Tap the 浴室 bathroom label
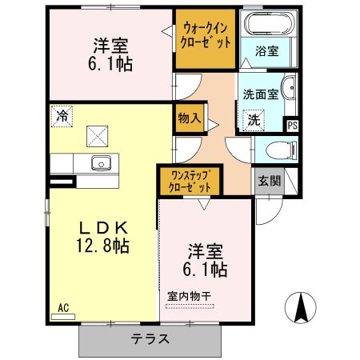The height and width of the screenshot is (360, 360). (x=267, y=51)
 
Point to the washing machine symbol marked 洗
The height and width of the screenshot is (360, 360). (x=253, y=120)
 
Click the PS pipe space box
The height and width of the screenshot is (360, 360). (x=292, y=125)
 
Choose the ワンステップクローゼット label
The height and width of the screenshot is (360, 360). (x=190, y=181)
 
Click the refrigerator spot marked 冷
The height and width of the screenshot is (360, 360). (x=62, y=115)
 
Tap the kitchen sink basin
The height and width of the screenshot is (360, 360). (x=100, y=163)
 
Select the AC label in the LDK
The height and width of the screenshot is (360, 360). (x=63, y=307)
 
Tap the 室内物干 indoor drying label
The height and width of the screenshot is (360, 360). (x=190, y=296)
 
